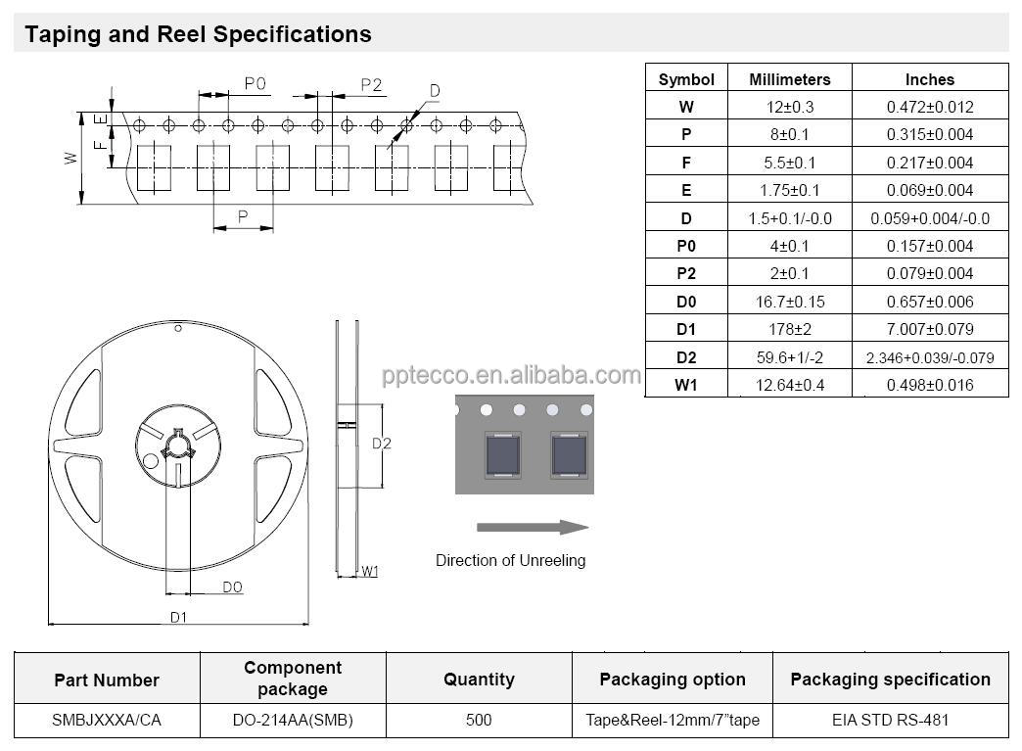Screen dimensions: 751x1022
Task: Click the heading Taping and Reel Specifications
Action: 198,34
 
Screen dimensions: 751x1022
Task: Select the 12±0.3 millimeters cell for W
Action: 789,107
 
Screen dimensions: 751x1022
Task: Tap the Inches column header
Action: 929,79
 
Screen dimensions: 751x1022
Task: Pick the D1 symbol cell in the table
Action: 686,329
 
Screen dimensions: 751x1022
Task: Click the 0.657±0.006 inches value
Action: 929,302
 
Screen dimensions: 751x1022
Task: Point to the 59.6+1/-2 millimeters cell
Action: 789,357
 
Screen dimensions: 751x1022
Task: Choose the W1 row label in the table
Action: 686,385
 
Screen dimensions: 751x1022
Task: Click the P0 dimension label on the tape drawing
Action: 255,84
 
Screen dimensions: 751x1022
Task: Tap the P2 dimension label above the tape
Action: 371,84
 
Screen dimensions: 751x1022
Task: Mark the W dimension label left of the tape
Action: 70,157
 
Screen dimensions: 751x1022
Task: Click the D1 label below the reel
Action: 178,617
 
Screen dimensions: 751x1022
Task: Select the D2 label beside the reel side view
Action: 382,444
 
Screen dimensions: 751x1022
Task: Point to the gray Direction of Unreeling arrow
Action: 532,527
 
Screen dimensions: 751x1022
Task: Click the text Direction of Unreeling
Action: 510,560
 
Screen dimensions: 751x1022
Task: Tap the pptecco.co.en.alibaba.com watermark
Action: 511,375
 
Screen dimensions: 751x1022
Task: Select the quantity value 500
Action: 479,720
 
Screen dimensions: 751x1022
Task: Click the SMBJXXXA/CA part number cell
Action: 107,720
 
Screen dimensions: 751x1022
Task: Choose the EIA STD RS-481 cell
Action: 890,720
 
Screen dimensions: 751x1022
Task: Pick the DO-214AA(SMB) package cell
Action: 293,720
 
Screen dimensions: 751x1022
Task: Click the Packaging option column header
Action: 673,680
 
